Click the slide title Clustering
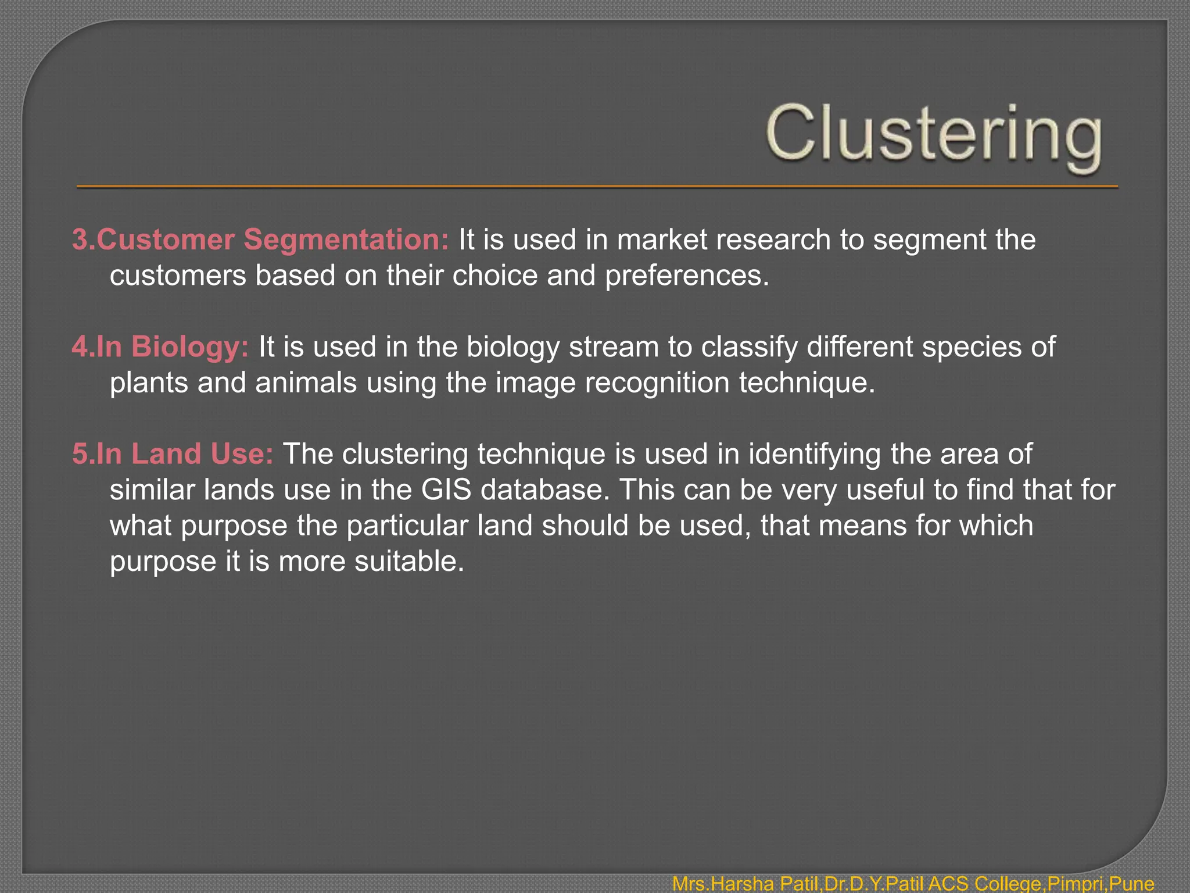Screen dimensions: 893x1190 [933, 135]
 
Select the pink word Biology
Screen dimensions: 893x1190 [190, 347]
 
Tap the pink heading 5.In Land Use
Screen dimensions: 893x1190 [173, 453]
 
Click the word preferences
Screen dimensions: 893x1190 [687, 276]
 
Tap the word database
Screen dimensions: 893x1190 [546, 490]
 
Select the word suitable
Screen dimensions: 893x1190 [409, 562]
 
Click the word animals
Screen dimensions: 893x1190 [306, 383]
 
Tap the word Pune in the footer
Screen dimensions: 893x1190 [1131, 884]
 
